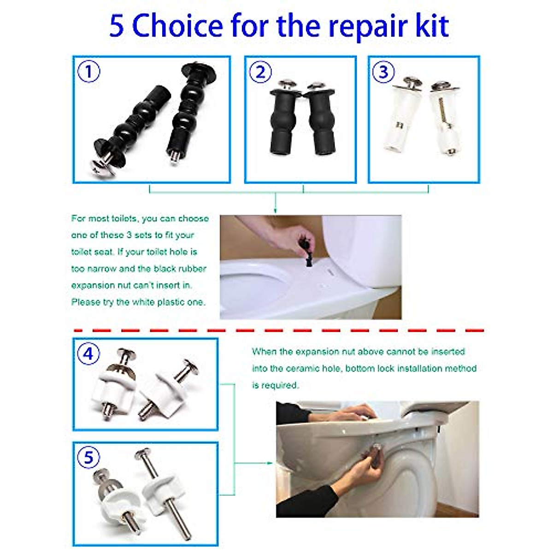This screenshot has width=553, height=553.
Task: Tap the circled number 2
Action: pos(260,72)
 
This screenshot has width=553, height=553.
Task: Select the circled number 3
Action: pos(383,72)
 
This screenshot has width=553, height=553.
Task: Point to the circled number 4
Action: pos(88,354)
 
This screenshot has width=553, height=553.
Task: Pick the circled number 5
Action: pos(88,458)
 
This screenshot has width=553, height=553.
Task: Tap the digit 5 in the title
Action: pos(117,26)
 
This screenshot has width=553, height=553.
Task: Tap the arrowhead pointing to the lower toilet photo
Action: pos(271,463)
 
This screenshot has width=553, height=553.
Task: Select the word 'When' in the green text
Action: pos(264,352)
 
